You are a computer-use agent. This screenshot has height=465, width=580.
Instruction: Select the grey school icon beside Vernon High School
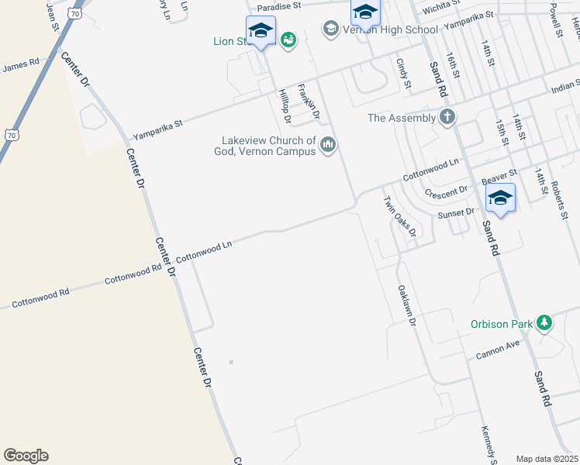(331, 29)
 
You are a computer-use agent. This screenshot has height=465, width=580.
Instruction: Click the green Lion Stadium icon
(288, 40)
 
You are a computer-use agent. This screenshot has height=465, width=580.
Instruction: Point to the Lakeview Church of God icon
(328, 145)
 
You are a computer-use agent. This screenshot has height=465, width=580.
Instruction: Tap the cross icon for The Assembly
(447, 118)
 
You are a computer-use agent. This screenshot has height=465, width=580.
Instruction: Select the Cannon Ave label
(498, 350)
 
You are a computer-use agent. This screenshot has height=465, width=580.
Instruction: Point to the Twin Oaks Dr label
(400, 216)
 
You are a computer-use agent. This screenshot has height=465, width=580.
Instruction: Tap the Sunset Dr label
(456, 213)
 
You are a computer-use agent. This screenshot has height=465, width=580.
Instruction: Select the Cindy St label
(402, 74)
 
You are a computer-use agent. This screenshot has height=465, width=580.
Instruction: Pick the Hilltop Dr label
(285, 107)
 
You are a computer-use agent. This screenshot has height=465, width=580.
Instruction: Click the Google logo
(26, 456)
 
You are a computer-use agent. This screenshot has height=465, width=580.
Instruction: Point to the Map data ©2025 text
(547, 459)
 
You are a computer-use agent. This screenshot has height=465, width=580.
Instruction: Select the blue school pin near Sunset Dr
(500, 198)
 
